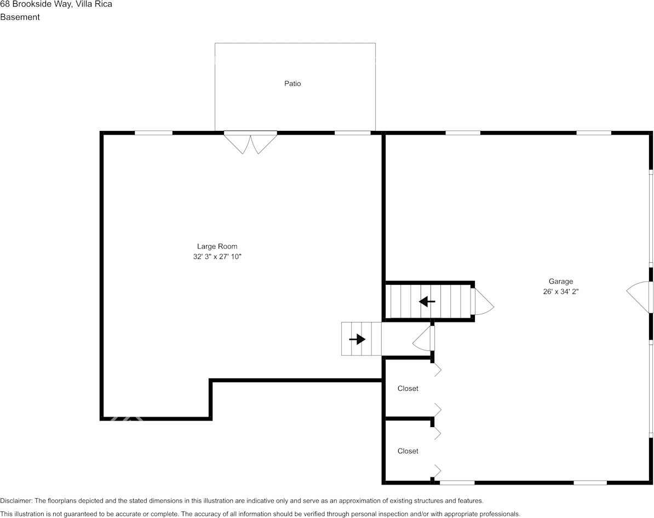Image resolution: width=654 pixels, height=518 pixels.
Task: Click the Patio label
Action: click(x=292, y=84)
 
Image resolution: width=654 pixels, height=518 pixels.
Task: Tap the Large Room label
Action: click(x=217, y=246)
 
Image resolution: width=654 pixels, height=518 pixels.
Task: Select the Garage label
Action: click(x=561, y=281)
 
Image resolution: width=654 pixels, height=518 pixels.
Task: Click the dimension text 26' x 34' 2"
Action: click(x=561, y=292)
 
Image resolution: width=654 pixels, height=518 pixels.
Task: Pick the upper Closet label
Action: click(x=408, y=388)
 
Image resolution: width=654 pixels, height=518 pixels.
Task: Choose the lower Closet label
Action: click(x=408, y=451)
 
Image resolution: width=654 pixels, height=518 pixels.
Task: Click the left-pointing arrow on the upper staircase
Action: click(x=427, y=301)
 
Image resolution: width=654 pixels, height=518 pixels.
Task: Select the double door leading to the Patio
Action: click(x=251, y=141)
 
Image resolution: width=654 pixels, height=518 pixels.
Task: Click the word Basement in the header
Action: click(x=20, y=17)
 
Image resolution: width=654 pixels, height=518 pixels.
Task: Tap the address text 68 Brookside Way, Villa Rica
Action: click(x=56, y=4)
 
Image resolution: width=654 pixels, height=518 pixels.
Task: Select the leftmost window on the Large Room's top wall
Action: click(x=153, y=133)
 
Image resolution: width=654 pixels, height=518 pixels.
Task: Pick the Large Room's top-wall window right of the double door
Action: click(x=352, y=133)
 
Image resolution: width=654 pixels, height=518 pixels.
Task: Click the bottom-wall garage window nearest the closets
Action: click(x=457, y=482)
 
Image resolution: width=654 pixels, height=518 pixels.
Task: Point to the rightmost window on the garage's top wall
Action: click(x=594, y=133)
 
